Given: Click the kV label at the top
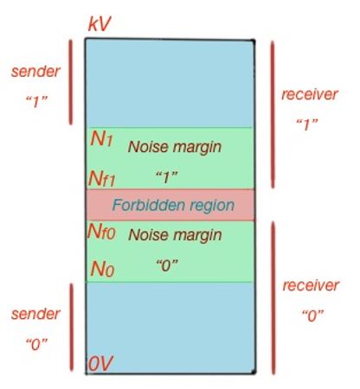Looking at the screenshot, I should [x=101, y=23].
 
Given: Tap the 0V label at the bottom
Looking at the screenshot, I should [x=100, y=366].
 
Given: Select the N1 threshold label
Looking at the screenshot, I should [x=102, y=139].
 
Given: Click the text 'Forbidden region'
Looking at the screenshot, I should [x=173, y=205].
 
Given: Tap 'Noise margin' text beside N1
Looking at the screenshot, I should [x=174, y=146].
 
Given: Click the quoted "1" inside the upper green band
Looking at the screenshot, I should [x=165, y=177].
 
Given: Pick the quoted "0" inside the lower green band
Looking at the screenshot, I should [x=166, y=266].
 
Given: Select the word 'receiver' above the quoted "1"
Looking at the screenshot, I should [x=309, y=94].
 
